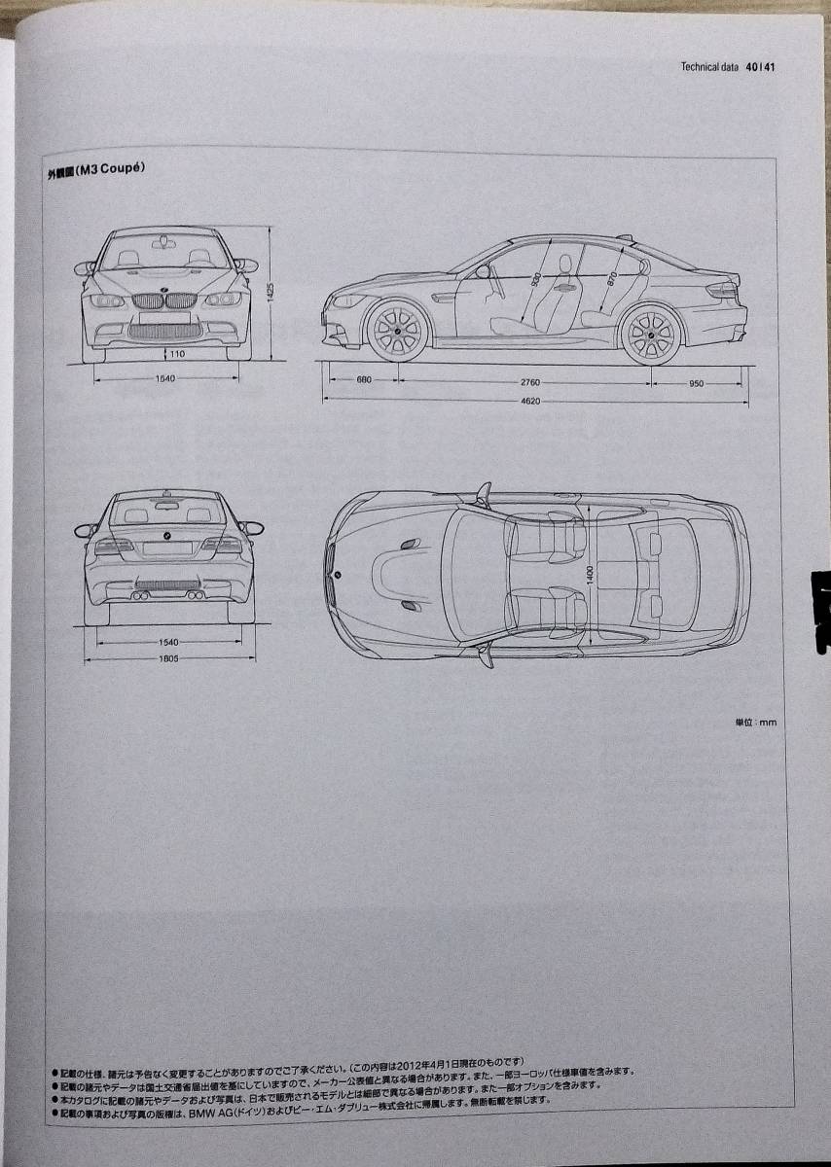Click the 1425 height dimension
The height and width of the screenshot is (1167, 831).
[275, 289]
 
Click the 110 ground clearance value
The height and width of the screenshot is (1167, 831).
[176, 354]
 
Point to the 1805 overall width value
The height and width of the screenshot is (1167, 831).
[167, 660]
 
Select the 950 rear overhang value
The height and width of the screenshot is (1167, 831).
[696, 383]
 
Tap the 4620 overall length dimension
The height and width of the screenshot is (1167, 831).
[528, 401]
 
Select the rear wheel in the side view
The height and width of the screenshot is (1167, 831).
[651, 335]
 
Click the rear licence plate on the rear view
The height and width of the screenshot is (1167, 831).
[167, 548]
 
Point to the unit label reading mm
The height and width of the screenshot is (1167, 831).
[756, 722]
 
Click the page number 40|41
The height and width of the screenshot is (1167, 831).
[761, 68]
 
